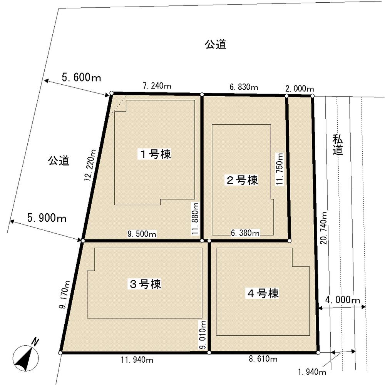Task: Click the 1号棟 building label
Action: pyautogui.click(x=155, y=154)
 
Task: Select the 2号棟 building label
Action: pyautogui.click(x=242, y=180)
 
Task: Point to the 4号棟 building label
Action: pyautogui.click(x=262, y=294)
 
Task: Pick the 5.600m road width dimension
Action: pyautogui.click(x=81, y=78)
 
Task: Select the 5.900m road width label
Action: pyautogui.click(x=47, y=218)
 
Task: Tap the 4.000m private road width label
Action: pyautogui.click(x=342, y=300)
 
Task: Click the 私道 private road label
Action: pyautogui.click(x=338, y=145)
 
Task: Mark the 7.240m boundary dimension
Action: pyautogui.click(x=157, y=87)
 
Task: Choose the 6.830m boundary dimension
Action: pyautogui.click(x=244, y=87)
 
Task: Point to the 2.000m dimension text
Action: pyautogui.click(x=300, y=89)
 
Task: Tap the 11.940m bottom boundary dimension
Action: pyautogui.click(x=137, y=360)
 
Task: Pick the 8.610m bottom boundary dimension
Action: pyautogui.click(x=263, y=360)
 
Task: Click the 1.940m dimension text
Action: pyautogui.click(x=312, y=372)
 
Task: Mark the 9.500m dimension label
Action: pyautogui.click(x=142, y=234)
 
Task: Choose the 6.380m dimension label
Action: pyautogui.click(x=245, y=233)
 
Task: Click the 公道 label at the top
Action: pyautogui.click(x=215, y=45)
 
